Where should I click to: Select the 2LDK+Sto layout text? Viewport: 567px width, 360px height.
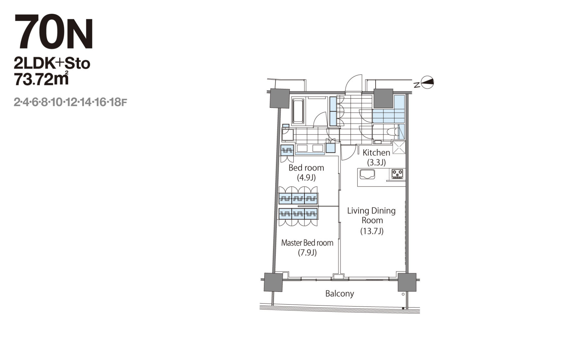pos(52,63)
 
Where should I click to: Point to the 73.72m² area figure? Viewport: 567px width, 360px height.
pos(41,78)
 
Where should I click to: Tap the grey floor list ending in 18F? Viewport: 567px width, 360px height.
pos(70,102)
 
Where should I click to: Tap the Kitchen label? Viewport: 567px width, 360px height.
pos(376,152)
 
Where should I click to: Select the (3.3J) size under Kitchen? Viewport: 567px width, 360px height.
pos(376,162)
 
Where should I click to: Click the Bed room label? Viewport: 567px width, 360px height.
pos(306,168)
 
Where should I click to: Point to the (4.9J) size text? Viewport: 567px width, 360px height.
pos(306,178)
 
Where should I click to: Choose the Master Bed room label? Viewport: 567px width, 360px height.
pos(307,243)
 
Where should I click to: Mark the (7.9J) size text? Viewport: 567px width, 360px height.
pos(307,253)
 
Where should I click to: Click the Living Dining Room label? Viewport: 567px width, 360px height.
pos(372,215)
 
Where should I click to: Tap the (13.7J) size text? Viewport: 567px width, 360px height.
pos(372,231)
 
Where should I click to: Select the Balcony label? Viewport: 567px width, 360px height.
pos(340,293)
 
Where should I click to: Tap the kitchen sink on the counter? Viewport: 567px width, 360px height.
pos(367,174)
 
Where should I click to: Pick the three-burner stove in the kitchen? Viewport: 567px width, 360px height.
pos(398,174)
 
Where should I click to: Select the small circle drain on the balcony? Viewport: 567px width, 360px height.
pos(403,294)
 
